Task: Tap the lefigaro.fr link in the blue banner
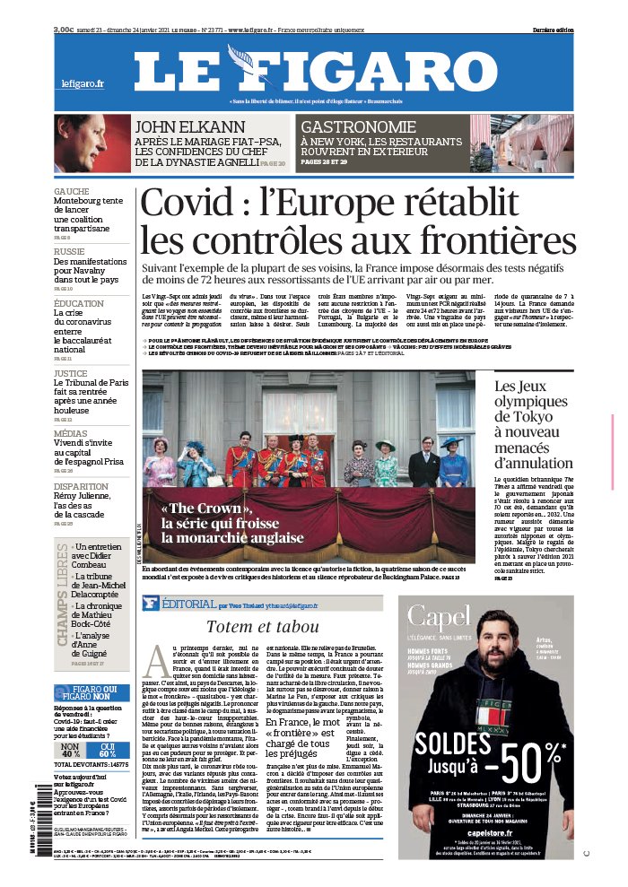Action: point(83,83)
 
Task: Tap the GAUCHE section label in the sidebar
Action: point(71,192)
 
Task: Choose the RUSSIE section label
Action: point(69,252)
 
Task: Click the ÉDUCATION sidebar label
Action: point(79,304)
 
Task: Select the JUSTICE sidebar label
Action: point(71,373)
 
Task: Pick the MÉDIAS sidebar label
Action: point(70,432)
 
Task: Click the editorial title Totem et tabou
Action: point(262,626)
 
